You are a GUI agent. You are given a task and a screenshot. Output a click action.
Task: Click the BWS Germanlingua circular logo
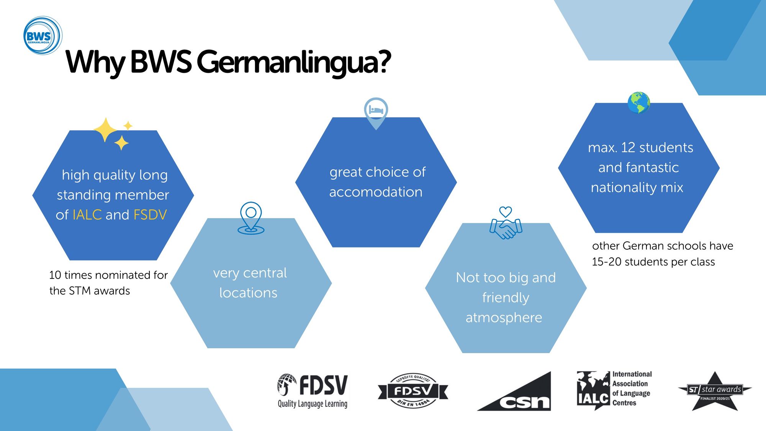point(43,36)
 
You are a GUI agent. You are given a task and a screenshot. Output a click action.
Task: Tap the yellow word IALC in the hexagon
point(87,215)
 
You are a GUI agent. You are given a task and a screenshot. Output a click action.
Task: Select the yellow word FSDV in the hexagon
point(150,215)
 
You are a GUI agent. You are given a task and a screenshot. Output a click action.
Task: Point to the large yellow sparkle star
point(106,130)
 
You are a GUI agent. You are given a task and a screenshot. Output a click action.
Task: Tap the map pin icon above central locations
point(251,218)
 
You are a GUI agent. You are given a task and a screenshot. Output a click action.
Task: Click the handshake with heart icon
point(506,223)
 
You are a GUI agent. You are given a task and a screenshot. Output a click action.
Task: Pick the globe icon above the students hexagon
point(638,103)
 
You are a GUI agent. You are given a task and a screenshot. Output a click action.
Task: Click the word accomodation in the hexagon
point(376,192)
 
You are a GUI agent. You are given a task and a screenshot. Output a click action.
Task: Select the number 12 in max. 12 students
point(628,147)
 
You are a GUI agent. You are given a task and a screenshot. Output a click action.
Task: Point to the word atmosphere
point(504,318)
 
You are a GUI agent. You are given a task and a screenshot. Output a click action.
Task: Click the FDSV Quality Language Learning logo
point(313,391)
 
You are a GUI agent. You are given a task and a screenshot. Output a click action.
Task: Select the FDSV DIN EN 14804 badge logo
point(413,391)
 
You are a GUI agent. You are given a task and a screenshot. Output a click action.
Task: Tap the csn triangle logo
point(514,391)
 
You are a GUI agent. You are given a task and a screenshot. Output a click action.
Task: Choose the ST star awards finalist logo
point(715,391)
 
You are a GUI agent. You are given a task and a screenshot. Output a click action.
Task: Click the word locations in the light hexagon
point(248,293)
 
